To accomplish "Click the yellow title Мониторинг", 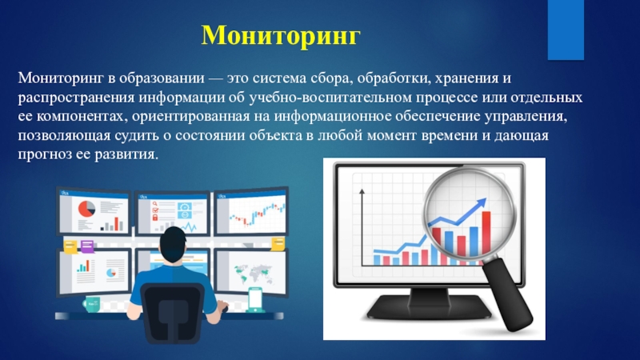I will (x=282, y=35).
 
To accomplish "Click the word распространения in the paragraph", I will (x=66, y=98).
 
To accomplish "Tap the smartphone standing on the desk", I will (x=255, y=299).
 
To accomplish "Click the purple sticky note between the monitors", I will (x=69, y=247).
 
